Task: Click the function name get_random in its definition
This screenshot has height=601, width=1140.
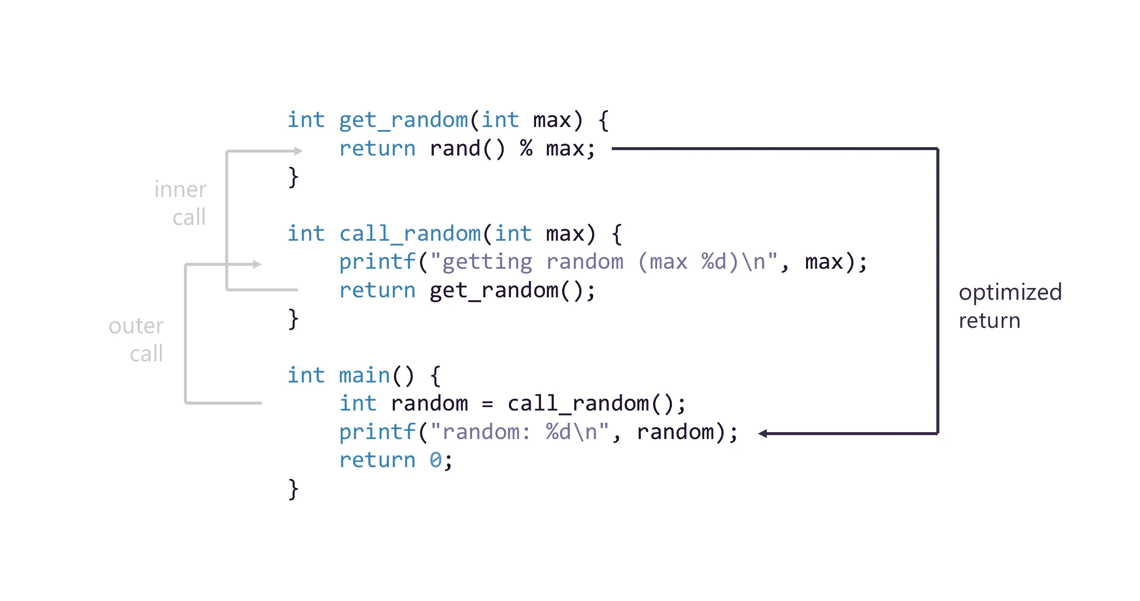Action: click(403, 121)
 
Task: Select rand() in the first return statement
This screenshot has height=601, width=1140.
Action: click(467, 149)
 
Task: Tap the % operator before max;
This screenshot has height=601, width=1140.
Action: click(526, 148)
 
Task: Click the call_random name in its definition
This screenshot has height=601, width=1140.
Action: click(410, 234)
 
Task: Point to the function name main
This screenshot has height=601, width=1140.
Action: click(364, 376)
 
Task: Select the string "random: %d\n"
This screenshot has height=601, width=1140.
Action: click(519, 432)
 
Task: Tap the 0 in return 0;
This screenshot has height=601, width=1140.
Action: click(435, 460)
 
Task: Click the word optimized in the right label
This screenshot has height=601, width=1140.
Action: click(1010, 293)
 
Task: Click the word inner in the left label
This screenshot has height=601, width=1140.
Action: click(180, 190)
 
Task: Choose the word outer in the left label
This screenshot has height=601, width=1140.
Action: click(136, 326)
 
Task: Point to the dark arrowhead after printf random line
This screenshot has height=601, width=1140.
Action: click(763, 434)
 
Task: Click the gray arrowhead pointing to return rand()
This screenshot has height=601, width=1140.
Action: click(298, 151)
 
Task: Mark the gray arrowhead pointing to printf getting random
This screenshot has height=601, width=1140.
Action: click(257, 264)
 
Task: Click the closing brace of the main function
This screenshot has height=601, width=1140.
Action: click(293, 489)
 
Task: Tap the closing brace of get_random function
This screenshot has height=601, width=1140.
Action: click(293, 177)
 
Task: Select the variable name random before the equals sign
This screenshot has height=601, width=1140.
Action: click(429, 404)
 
